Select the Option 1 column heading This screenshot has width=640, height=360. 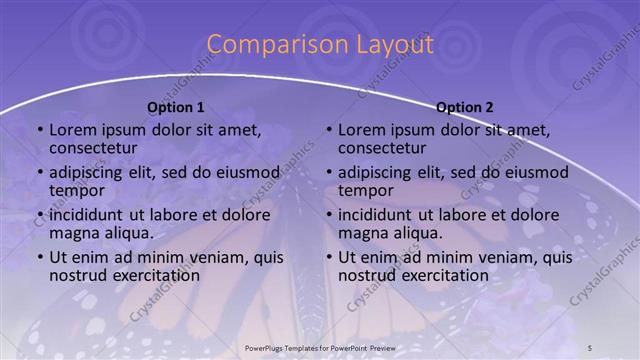[x=176, y=107]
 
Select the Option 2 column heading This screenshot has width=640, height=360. [x=465, y=107]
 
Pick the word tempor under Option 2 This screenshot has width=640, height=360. [x=364, y=191]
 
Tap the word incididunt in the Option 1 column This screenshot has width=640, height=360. [x=90, y=215]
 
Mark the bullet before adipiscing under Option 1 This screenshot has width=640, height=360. [x=40, y=173]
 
